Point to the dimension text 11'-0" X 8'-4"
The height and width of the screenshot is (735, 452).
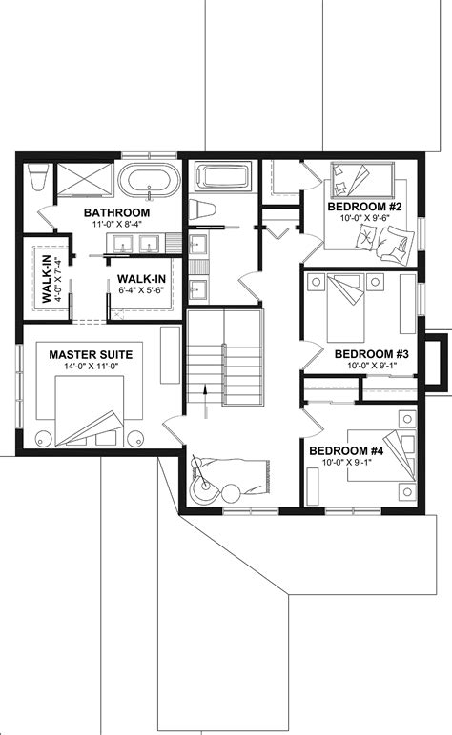coord(116,225)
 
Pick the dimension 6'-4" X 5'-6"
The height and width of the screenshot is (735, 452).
coord(142,292)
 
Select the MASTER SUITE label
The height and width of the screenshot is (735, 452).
coord(91,354)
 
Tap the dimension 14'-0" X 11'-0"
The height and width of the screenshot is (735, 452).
coord(91,367)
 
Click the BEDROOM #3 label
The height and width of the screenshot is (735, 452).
coord(372,354)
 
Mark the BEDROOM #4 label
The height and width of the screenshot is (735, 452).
coord(346,450)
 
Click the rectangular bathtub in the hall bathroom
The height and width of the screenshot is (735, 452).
coord(221,177)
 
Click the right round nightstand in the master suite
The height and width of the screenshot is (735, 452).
coord(135,439)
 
